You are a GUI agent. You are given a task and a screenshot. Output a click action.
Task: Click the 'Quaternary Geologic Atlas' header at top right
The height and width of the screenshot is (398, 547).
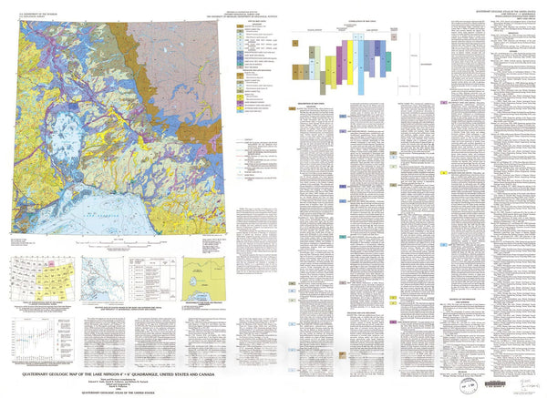493,14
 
